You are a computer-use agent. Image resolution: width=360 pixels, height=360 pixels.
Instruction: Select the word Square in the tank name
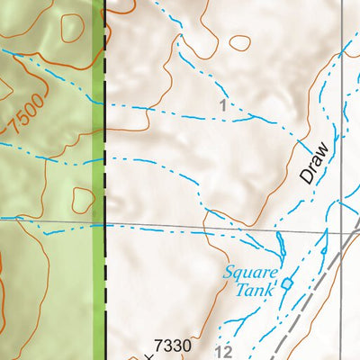coord(253,273)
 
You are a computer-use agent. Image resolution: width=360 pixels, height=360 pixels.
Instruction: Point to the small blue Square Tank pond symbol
coord(287,283)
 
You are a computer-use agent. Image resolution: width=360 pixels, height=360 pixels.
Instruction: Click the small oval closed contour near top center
coord(239,42)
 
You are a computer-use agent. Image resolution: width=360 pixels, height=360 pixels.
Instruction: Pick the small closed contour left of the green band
coord(83,199)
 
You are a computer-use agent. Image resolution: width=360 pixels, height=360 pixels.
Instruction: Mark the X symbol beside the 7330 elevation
coord(148,356)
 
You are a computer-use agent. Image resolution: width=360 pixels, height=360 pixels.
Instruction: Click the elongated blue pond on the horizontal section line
coord(280,241)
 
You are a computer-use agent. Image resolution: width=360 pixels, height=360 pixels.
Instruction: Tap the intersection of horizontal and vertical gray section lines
coord(344,233)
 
